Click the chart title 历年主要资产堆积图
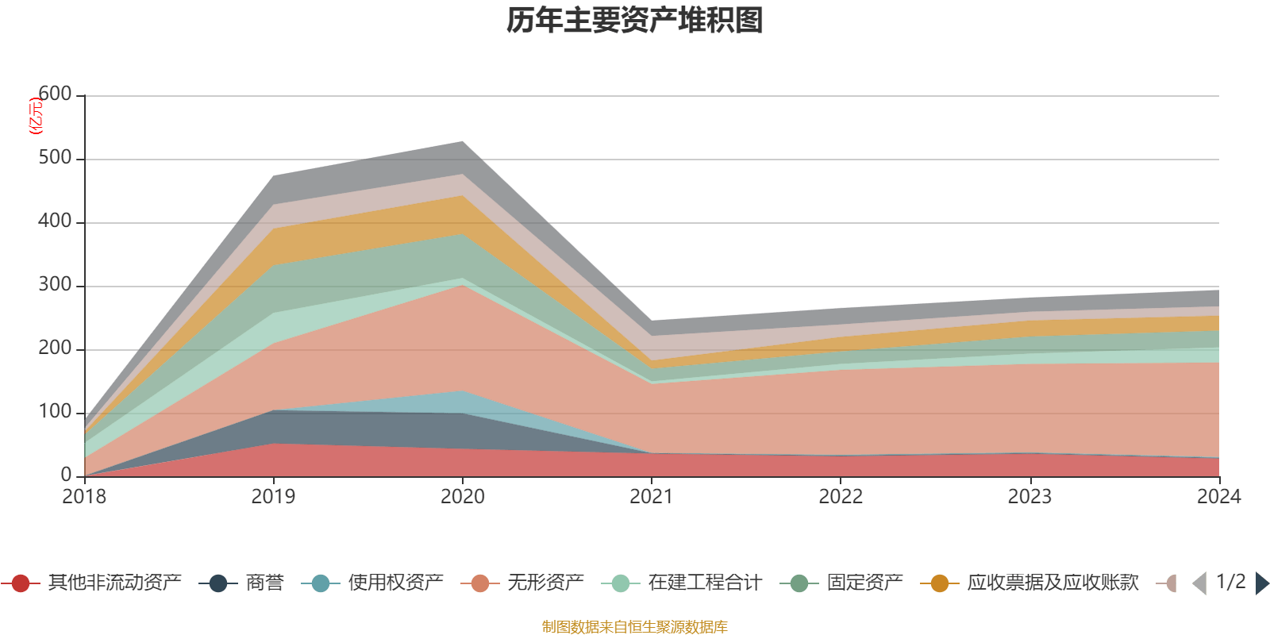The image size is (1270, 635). click(x=635, y=21)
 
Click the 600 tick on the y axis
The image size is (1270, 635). click(x=56, y=94)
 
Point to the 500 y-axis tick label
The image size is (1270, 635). click(x=56, y=158)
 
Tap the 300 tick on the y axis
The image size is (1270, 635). click(x=56, y=285)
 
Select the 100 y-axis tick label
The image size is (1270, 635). click(x=56, y=412)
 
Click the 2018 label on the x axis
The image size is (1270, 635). click(x=84, y=497)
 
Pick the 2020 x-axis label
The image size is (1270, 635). click(x=463, y=497)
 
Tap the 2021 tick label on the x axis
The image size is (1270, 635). click(x=652, y=497)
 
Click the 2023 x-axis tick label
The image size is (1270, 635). click(x=1029, y=497)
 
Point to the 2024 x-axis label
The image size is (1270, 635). click(x=1218, y=497)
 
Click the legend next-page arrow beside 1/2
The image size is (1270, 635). click(x=1261, y=583)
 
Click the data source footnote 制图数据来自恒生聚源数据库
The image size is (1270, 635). click(x=635, y=627)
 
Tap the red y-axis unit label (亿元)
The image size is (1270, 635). click(x=35, y=116)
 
